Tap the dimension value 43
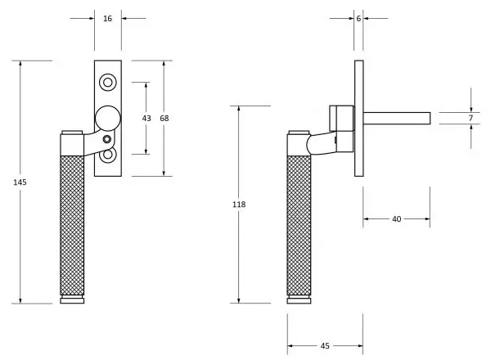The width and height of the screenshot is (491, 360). (146, 118)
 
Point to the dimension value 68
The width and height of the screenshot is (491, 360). (164, 118)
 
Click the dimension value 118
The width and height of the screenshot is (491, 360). (238, 205)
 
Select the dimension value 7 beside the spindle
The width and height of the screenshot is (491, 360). (471, 119)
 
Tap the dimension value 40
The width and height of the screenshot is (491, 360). (396, 218)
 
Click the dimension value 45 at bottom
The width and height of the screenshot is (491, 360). (324, 346)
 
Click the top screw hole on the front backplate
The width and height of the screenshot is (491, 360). (107, 82)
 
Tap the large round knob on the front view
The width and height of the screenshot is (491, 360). (107, 118)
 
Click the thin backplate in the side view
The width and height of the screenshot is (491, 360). (358, 118)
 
